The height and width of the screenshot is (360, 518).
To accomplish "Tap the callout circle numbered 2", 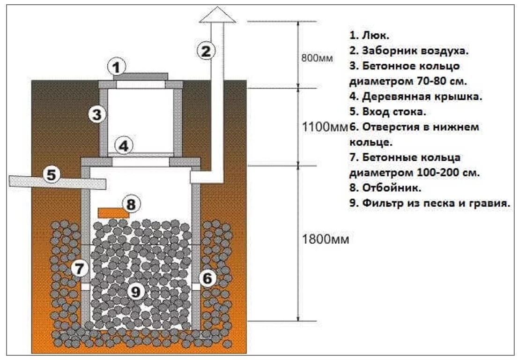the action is (206, 50).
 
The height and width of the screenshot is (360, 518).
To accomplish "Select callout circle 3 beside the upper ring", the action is (96, 114).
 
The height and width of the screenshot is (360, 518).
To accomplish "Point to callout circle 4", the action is (123, 146).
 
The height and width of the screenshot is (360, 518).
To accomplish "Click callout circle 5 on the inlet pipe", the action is (52, 175).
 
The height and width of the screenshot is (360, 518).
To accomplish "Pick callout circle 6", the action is (207, 279).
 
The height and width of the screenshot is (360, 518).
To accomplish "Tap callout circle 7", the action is (80, 269).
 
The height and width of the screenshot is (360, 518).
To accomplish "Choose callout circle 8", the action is (131, 204).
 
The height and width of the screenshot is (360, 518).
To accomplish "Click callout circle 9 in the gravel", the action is (135, 292).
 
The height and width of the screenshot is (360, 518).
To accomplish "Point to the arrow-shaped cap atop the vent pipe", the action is (217, 16).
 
